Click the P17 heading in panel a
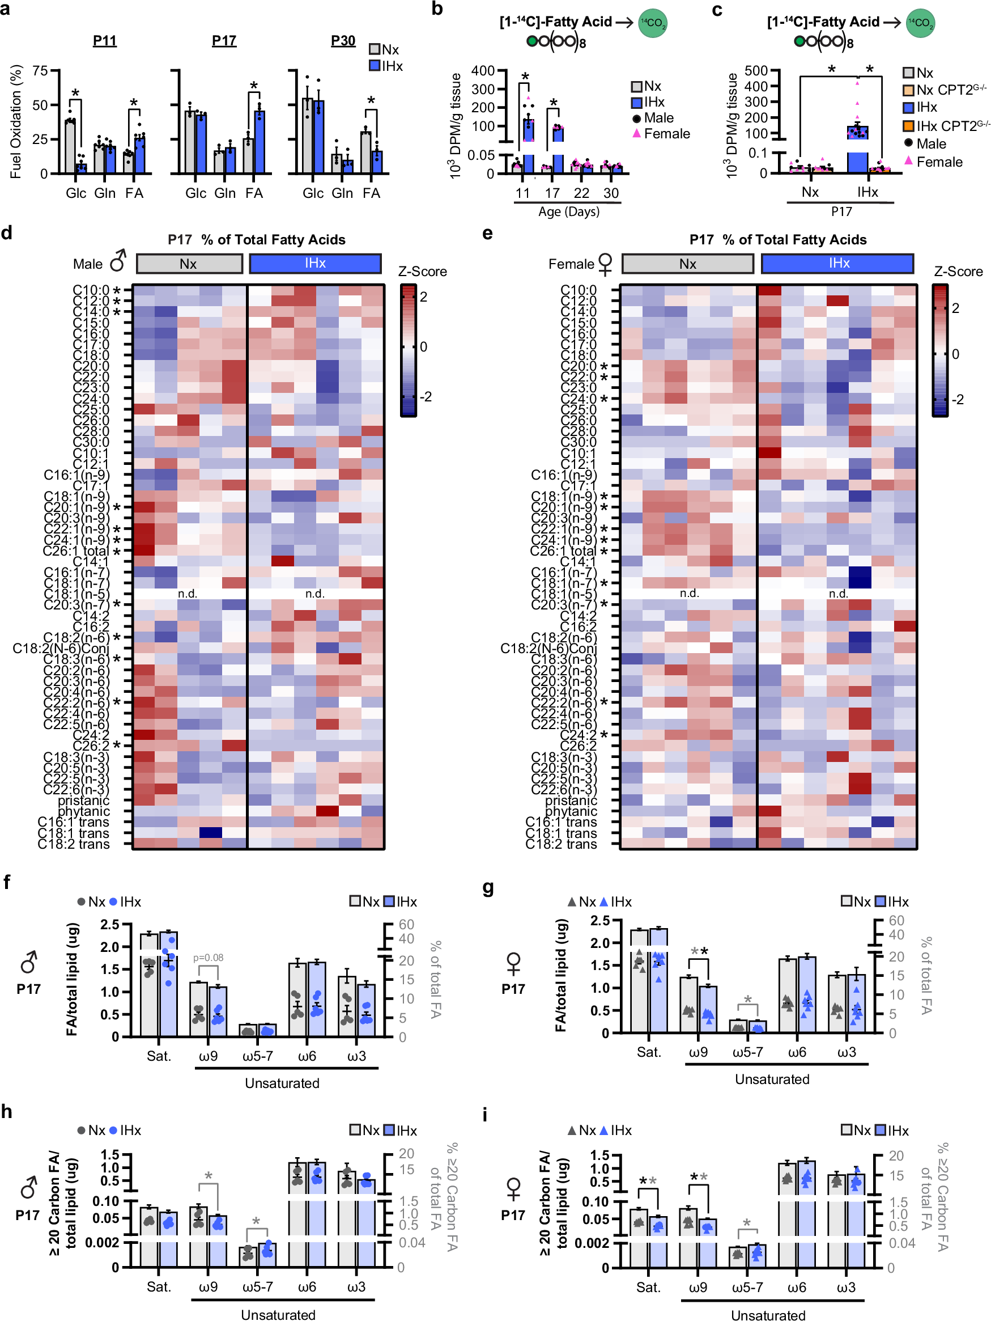(x=224, y=41)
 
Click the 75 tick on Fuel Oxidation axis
(x=40, y=70)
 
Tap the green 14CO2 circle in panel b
(x=653, y=23)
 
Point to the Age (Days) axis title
(x=568, y=211)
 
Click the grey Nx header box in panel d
(x=189, y=264)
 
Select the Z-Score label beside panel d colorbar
(x=422, y=272)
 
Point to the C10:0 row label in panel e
(x=578, y=290)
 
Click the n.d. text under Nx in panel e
(x=689, y=593)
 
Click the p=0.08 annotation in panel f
(x=209, y=958)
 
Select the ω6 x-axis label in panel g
(x=797, y=1052)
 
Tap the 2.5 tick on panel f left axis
(x=110, y=925)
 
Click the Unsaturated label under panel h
(x=278, y=1314)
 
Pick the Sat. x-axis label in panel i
(x=648, y=1287)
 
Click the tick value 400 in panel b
(x=482, y=70)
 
